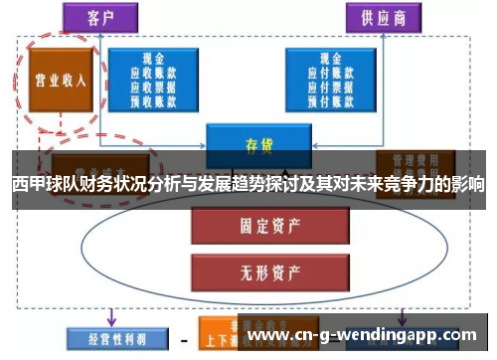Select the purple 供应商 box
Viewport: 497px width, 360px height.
[x=380, y=17]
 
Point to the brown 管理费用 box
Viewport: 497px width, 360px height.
[x=415, y=159]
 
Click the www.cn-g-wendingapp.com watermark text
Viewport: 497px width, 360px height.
[x=367, y=335]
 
